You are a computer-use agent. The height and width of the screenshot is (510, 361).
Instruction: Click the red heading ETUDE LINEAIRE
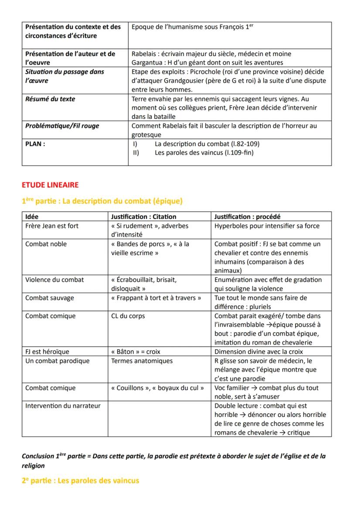tap(50, 185)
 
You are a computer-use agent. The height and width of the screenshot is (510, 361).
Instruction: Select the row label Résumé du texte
tap(50, 99)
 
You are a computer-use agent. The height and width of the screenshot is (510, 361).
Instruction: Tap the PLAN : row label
tap(35, 144)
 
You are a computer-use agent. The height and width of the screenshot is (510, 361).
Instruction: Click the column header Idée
tap(32, 216)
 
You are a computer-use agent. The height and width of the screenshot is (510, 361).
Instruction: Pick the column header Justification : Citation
tap(143, 216)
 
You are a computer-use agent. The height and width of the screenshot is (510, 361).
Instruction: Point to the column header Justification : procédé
tap(247, 216)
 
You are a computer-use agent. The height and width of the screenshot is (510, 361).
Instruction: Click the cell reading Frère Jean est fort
tap(52, 226)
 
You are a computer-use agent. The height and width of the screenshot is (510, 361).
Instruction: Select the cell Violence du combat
tap(54, 280)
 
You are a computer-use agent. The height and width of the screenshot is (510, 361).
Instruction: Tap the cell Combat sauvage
tap(50, 298)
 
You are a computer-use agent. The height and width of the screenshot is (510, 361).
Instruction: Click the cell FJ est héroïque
tap(47, 351)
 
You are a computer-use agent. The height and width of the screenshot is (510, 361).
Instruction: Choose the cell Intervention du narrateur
tap(63, 405)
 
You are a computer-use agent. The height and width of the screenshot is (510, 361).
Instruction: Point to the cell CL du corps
tap(128, 316)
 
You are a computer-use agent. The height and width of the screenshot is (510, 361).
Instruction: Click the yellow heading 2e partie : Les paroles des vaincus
tap(80, 481)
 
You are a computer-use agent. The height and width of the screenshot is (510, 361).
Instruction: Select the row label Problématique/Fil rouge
tap(62, 126)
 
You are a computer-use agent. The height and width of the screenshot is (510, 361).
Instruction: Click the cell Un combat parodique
tap(57, 361)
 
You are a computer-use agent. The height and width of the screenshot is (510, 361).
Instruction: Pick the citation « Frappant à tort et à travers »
tap(156, 298)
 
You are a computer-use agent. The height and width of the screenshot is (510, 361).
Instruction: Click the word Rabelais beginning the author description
tap(145, 54)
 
